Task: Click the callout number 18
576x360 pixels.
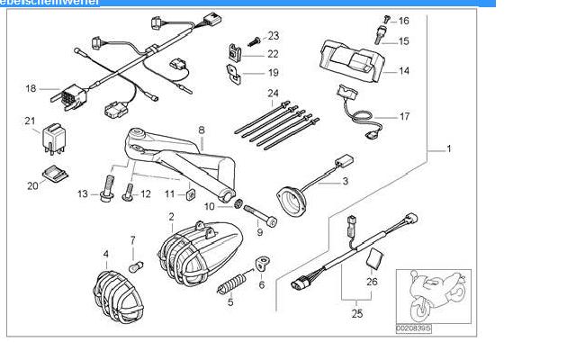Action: coord(31,88)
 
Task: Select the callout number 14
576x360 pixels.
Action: coord(404,71)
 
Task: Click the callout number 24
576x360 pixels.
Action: coord(273,93)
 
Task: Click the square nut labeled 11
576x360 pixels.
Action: coord(192,192)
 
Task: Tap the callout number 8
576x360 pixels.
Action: coord(201,130)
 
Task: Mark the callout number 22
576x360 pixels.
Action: coord(273,54)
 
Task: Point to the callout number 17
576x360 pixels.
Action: coord(404,117)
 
